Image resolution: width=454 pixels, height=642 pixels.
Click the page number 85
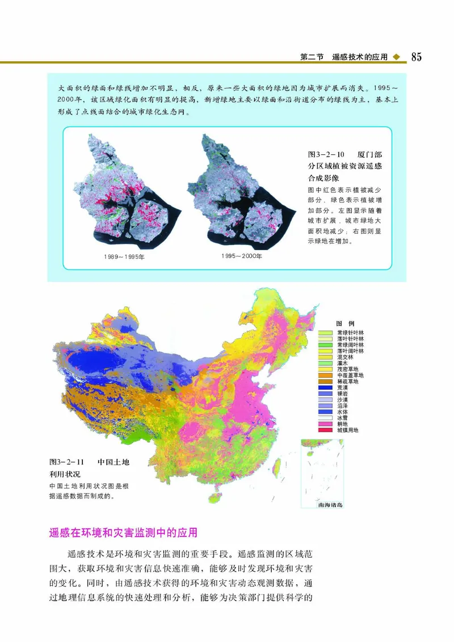click(x=416, y=57)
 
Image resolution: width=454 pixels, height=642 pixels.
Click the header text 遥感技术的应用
click(x=359, y=57)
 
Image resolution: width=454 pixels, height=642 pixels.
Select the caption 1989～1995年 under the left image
click(x=124, y=257)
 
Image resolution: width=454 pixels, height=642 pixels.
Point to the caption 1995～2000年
click(x=242, y=256)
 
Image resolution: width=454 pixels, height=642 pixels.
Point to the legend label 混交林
click(x=344, y=357)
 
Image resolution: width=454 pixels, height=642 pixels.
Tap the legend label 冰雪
click(x=344, y=418)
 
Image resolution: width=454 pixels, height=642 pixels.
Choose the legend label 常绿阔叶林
click(x=350, y=345)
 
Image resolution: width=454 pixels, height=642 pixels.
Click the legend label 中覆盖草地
click(x=350, y=375)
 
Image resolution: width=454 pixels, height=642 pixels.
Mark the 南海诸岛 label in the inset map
click(x=331, y=504)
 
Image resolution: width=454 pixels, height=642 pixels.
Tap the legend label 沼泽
click(x=344, y=406)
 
